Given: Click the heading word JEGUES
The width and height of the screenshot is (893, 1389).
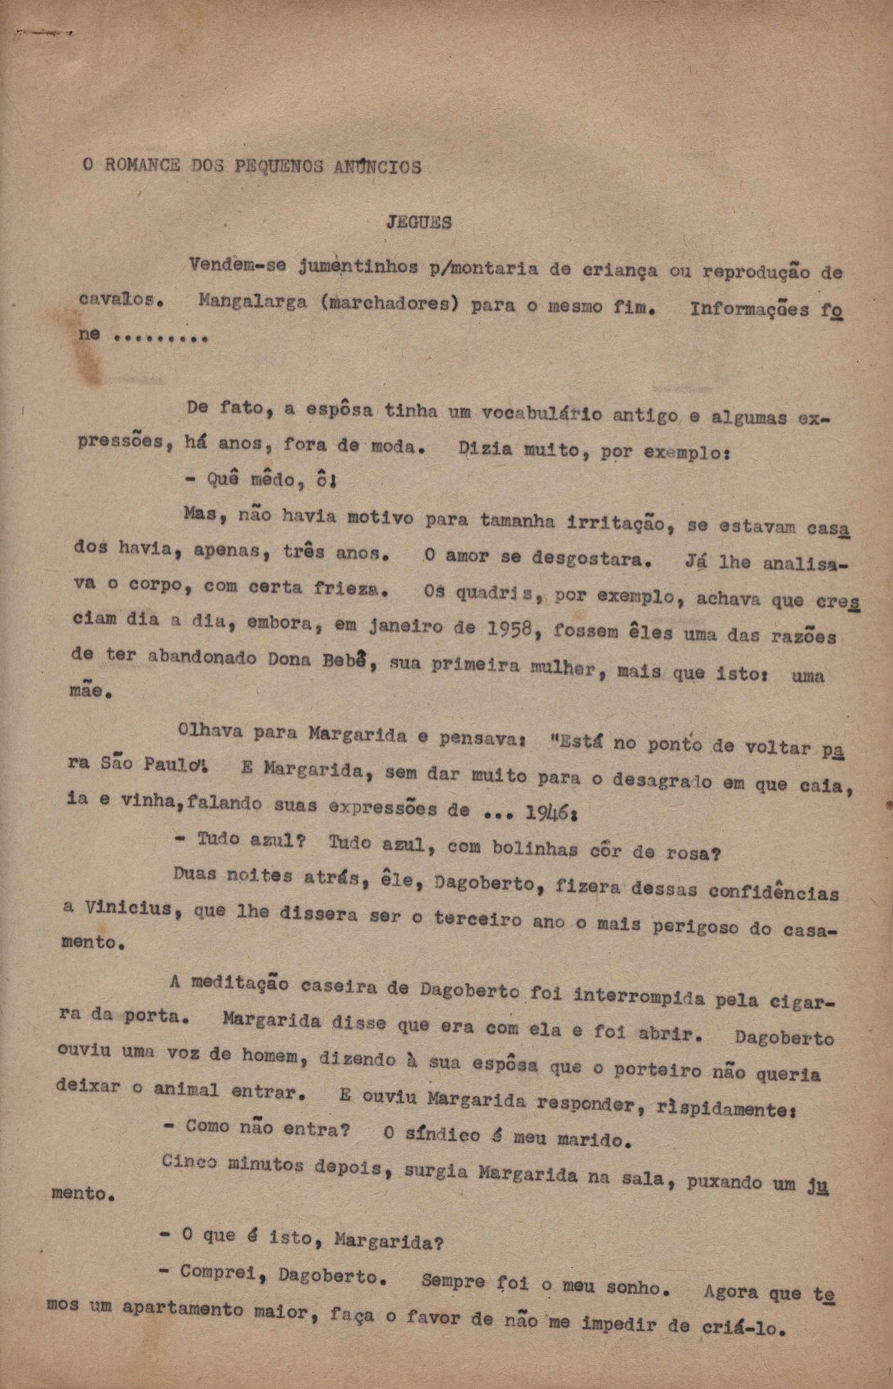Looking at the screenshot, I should pyautogui.click(x=419, y=222).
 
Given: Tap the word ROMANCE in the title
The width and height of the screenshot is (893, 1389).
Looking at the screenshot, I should pyautogui.click(x=142, y=165).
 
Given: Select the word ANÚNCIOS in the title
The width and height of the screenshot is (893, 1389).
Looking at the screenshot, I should pyautogui.click(x=377, y=167).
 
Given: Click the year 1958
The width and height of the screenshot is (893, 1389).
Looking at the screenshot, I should pyautogui.click(x=509, y=629).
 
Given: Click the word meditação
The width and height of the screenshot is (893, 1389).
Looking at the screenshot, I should pyautogui.click(x=239, y=984).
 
